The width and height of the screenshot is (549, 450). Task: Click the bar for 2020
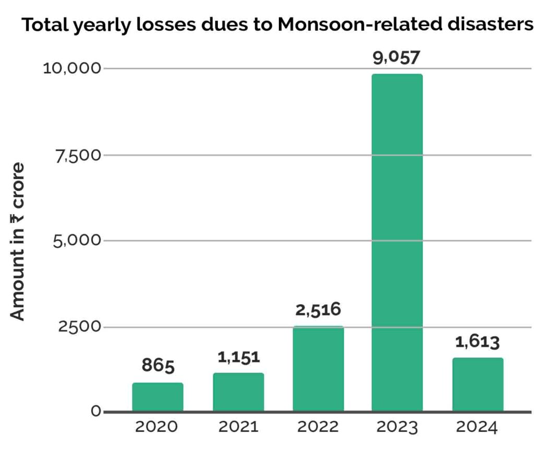(157, 397)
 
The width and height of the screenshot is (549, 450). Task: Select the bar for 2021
(238, 392)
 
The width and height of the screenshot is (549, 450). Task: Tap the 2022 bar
(318, 368)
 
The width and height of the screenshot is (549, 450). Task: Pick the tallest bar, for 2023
(397, 242)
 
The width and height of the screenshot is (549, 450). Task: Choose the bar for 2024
(478, 384)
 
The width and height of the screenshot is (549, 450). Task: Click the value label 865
(158, 366)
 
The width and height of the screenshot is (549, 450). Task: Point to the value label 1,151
(238, 357)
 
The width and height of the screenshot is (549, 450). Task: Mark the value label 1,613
(478, 342)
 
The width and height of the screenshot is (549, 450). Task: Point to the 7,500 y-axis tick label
(73, 155)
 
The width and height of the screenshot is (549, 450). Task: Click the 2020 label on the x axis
(156, 428)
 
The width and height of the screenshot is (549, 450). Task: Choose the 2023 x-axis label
(397, 428)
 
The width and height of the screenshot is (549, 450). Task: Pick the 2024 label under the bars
(477, 428)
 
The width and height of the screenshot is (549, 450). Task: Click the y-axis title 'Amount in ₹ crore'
(18, 241)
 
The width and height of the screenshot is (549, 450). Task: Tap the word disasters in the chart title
(486, 25)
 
